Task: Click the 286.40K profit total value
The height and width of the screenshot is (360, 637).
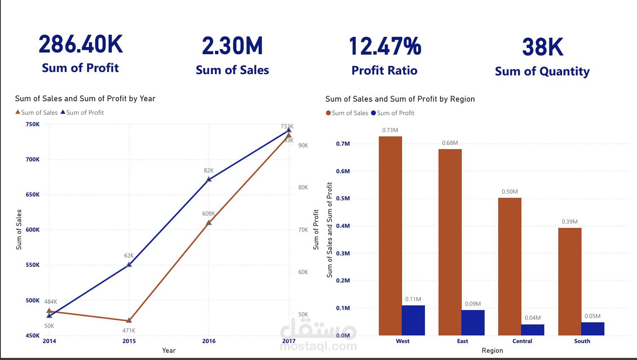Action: click(80, 44)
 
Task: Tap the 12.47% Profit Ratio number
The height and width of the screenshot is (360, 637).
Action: click(385, 47)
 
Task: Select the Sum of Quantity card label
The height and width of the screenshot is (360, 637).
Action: click(542, 71)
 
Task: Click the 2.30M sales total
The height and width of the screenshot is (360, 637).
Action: click(232, 46)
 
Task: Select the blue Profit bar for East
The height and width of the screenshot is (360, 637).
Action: click(473, 323)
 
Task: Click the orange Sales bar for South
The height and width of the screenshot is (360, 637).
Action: click(570, 281)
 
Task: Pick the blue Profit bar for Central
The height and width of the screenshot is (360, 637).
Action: click(532, 330)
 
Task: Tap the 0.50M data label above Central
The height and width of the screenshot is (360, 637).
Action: click(510, 191)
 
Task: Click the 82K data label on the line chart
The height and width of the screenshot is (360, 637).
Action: click(209, 170)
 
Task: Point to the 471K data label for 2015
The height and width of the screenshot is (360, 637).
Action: click(129, 330)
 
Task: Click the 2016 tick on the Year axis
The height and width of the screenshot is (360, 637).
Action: click(209, 341)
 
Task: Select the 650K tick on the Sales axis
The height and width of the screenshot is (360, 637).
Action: click(33, 194)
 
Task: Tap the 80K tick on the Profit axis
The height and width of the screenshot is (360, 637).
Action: click(303, 187)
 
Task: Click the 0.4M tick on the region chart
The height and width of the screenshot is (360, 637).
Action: click(343, 226)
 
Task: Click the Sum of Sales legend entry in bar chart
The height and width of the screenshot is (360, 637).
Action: click(347, 113)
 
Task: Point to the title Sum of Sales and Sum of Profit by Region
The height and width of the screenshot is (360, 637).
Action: click(400, 99)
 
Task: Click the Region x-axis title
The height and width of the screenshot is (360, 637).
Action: click(492, 350)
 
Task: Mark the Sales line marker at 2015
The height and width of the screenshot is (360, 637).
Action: click(129, 320)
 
